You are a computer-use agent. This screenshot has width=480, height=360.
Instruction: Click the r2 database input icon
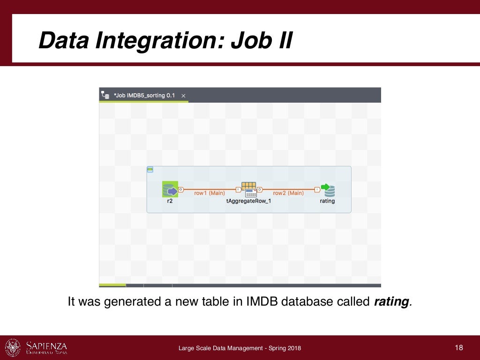(x=170, y=189)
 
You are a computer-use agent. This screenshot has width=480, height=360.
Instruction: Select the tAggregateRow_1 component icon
(x=249, y=189)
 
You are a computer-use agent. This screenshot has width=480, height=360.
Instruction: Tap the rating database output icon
(x=328, y=190)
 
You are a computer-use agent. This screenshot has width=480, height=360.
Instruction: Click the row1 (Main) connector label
(x=210, y=193)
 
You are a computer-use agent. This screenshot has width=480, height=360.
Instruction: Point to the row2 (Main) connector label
(x=288, y=193)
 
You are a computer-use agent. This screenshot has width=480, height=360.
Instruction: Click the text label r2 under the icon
(x=170, y=201)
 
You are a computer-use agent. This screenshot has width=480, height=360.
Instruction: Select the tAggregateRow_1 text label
(x=249, y=201)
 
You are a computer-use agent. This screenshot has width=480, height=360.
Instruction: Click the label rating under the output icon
(x=327, y=201)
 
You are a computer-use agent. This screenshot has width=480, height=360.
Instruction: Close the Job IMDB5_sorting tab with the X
(x=184, y=96)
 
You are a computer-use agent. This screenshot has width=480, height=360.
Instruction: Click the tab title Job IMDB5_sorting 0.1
(x=144, y=96)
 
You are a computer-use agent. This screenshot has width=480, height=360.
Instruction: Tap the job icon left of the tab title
(x=106, y=95)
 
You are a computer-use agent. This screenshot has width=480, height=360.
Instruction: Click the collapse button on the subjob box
(x=150, y=169)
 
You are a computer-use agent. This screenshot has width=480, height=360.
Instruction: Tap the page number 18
(x=458, y=347)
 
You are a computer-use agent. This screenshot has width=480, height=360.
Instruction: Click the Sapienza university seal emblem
(x=13, y=347)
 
